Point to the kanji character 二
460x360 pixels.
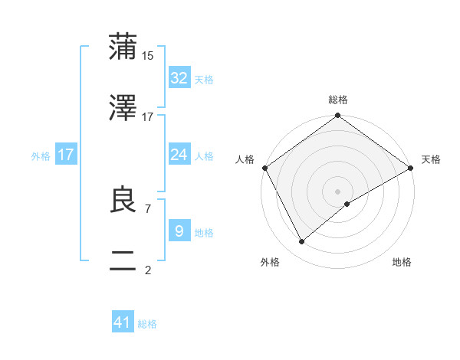coord(123,262)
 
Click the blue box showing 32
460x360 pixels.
coord(179,78)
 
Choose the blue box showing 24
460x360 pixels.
coord(179,155)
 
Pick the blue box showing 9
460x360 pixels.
coord(179,231)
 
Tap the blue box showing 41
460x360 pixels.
coord(123,322)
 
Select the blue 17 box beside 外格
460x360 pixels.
coord(66,155)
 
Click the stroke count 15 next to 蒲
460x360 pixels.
coord(148,56)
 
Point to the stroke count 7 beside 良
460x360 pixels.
coord(147,208)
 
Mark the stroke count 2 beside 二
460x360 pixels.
coord(147,270)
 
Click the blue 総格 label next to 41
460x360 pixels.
coord(147,324)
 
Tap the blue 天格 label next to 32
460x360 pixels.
coord(204,79)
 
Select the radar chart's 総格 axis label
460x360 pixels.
coord(338,100)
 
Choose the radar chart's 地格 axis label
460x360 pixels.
coord(402,262)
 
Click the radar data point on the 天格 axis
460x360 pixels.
coord(411,168)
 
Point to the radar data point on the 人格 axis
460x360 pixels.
coord(264,168)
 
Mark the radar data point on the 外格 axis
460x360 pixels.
coord(301,241)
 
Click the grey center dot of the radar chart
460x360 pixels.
coord(338,191)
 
